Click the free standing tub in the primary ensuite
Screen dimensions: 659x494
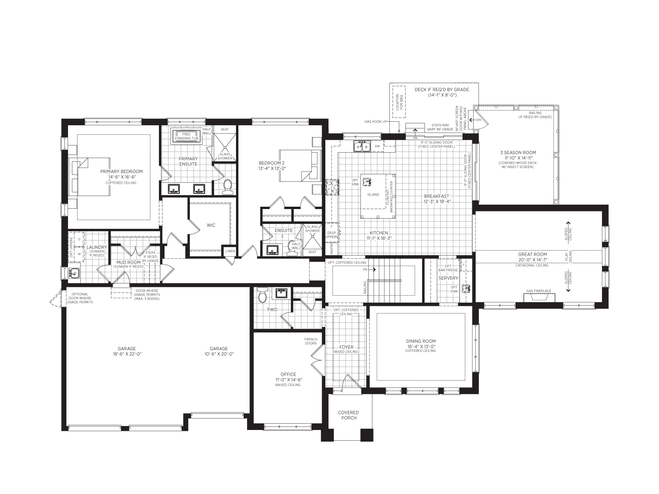pos(187,136)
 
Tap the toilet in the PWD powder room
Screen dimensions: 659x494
pos(262,295)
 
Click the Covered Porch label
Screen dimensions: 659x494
pos(349,415)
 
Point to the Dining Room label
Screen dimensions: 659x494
pos(421,341)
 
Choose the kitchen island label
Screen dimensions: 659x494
pos(373,194)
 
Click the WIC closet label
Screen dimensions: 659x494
pos(211,225)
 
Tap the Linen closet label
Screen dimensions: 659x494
pos(230,251)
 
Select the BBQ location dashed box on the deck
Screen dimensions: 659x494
pos(399,102)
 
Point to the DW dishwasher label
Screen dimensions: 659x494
pos(378,147)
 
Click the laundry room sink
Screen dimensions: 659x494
pos(74,273)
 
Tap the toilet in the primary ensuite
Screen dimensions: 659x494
pos(228,187)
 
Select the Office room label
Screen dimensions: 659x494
pos(288,374)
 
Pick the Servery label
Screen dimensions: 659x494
pos(448,278)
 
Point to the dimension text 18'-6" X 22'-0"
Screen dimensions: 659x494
pos(127,354)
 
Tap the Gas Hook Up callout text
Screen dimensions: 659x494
pos(376,122)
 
